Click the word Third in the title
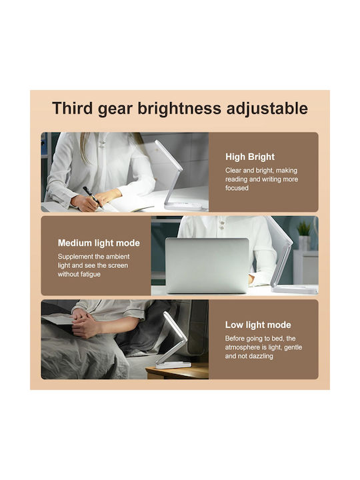tap(72, 108)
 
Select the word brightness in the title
tap(179, 109)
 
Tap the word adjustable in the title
tap(267, 109)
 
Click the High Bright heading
tap(250, 157)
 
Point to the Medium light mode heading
tap(99, 243)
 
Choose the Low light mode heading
tap(258, 325)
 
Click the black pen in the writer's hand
tap(91, 197)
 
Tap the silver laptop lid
tap(207, 265)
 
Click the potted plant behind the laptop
tap(304, 235)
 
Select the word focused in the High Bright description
tap(237, 188)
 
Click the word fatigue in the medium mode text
tap(91, 274)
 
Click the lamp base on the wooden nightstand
tap(173, 364)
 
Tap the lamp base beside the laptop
tap(295, 289)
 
